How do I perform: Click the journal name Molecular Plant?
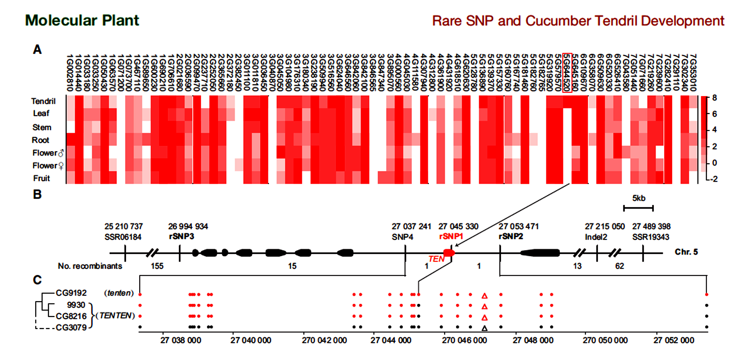(82, 20)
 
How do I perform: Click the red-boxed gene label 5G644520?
(567, 73)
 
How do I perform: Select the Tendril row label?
(43, 101)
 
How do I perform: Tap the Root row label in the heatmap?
(41, 140)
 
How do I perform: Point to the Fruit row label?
(42, 178)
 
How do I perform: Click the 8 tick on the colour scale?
(714, 98)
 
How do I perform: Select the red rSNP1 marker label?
(451, 236)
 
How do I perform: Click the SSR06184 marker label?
(123, 237)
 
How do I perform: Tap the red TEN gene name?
(436, 259)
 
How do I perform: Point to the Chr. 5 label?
(686, 252)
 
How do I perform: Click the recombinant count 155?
(157, 266)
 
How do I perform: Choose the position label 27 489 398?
(651, 226)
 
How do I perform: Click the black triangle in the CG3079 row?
(484, 328)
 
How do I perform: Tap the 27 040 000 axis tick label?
(250, 341)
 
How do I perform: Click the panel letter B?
(37, 195)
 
